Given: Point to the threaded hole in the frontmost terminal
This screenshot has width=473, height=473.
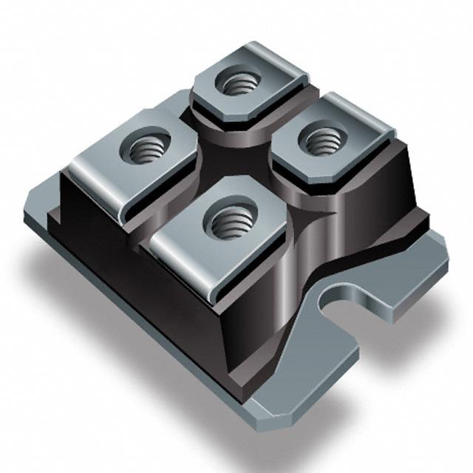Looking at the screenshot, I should [x=226, y=220].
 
